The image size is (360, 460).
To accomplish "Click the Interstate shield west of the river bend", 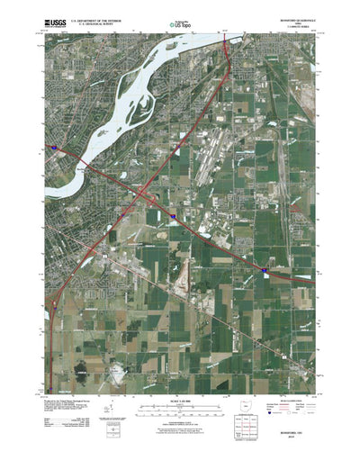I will tap(55, 147).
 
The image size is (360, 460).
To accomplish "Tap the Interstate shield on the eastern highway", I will tap(265, 269).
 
